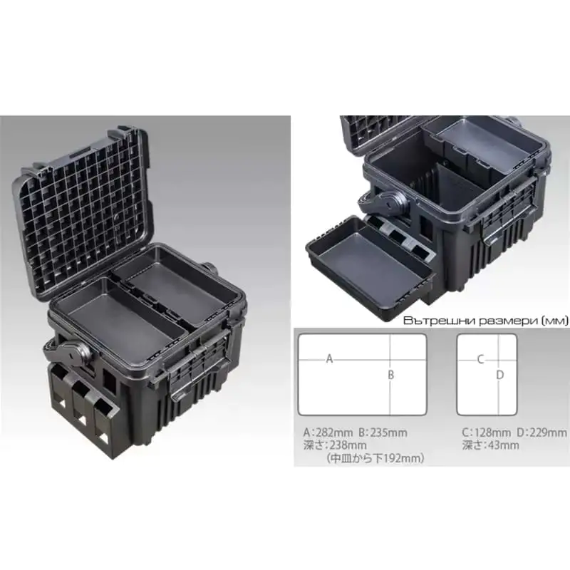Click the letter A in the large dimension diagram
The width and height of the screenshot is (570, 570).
coord(330,358)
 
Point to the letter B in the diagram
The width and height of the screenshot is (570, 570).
coord(390,375)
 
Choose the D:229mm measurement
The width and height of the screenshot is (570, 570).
coord(541,432)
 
